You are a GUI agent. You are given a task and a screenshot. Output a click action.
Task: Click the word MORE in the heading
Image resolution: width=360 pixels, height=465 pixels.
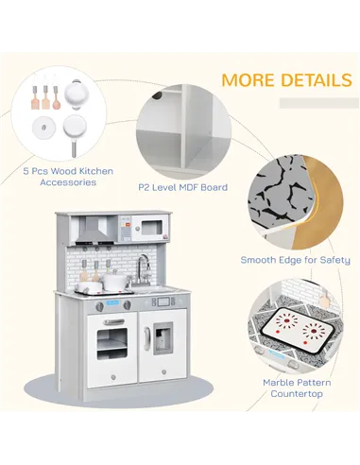point(249,79)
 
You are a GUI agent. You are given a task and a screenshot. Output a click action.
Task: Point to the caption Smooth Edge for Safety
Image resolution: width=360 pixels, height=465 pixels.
point(295,260)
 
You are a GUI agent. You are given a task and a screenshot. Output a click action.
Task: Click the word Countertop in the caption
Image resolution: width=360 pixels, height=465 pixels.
point(296,395)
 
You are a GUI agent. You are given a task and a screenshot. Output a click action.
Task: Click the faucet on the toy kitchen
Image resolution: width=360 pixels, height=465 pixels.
point(143,267)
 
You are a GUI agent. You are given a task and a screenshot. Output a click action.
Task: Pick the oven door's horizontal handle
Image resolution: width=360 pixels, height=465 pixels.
point(111,322)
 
